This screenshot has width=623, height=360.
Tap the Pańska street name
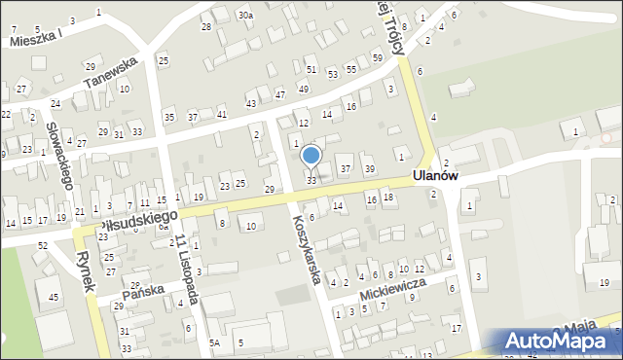tap(143, 291)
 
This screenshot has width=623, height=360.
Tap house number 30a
tap(246, 16)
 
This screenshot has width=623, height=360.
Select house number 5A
tap(214, 342)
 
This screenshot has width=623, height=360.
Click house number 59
tap(377, 58)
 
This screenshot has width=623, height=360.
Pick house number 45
tap(54, 297)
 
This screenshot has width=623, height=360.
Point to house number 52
tap(42, 245)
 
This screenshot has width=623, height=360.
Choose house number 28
tap(205, 26)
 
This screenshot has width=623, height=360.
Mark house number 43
tap(250, 103)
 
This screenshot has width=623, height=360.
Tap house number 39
tap(369, 169)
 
